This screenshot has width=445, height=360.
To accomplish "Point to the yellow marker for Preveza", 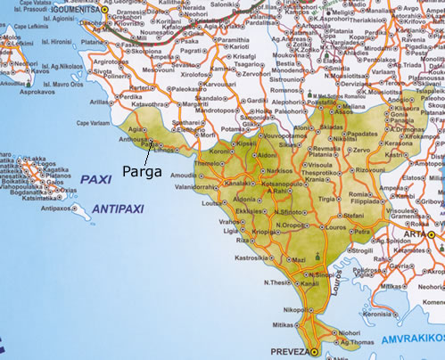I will pyautogui.click(x=311, y=352).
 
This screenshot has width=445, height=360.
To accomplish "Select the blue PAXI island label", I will pyautogui.click(x=95, y=179).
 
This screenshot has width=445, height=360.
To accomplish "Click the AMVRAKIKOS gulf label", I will pyautogui.click(x=412, y=341).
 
